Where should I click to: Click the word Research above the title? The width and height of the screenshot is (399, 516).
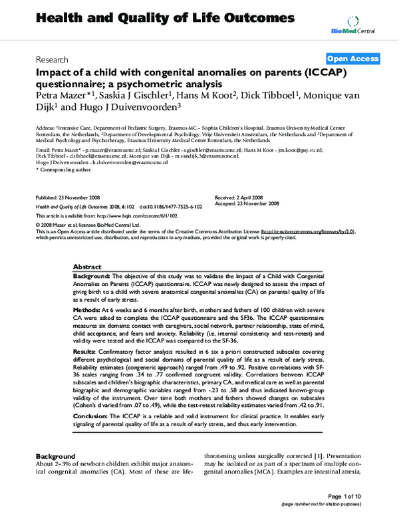[52, 59]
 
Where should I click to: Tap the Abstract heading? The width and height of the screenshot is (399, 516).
[87, 265]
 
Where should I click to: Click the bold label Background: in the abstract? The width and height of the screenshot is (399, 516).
[97, 275]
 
